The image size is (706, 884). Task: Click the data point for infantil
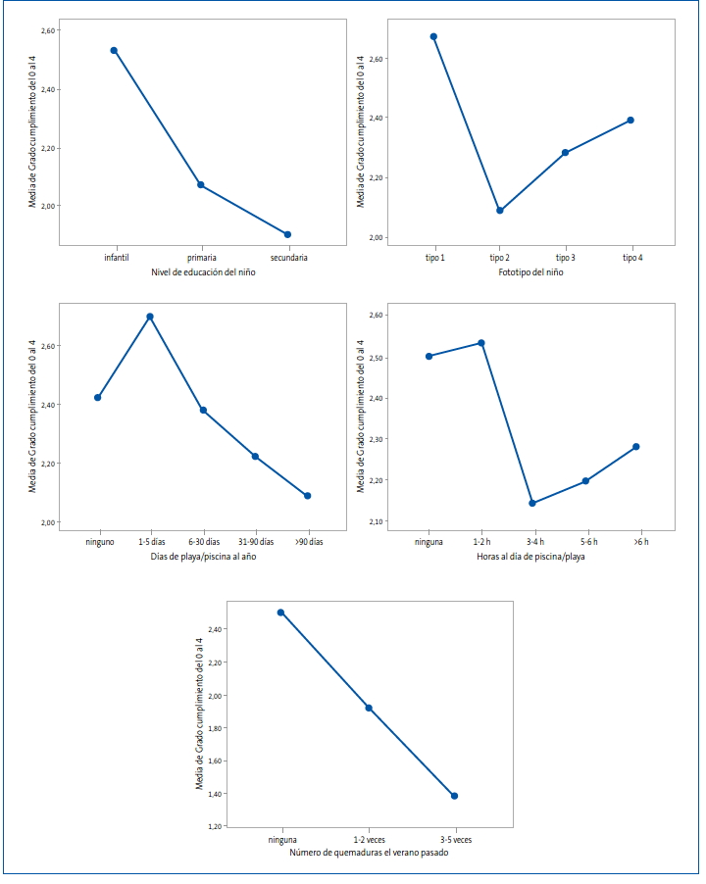[x=114, y=50]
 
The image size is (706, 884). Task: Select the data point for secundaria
[x=287, y=234]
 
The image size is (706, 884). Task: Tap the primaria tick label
[x=202, y=258]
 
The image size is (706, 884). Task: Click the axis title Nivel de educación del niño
[x=203, y=272]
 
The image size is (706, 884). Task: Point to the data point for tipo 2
[x=500, y=211]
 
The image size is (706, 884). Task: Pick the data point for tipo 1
[x=433, y=36]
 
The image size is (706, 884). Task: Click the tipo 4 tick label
[x=632, y=258]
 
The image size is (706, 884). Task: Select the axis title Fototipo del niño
[x=530, y=272]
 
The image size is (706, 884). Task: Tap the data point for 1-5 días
[x=150, y=317]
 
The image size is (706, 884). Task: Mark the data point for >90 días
[x=307, y=496]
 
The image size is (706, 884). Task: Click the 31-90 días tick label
[x=256, y=542]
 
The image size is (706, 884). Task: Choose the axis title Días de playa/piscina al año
[x=203, y=557]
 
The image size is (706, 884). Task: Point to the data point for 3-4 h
[x=532, y=503]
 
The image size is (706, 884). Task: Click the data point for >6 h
[x=636, y=447]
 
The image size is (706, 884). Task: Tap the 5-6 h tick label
[x=589, y=542]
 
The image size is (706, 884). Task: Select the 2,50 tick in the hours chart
[x=376, y=358]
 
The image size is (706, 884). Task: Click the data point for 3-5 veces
[x=455, y=796]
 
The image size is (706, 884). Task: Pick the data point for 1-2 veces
[x=369, y=709]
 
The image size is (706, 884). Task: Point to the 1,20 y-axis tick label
[x=215, y=826]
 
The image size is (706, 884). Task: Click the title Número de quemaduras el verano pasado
[x=369, y=853]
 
